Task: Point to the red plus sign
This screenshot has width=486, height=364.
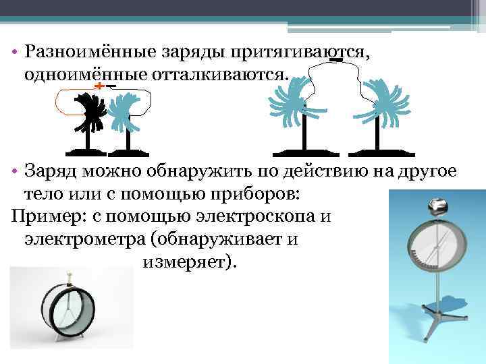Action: [x=99, y=88]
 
